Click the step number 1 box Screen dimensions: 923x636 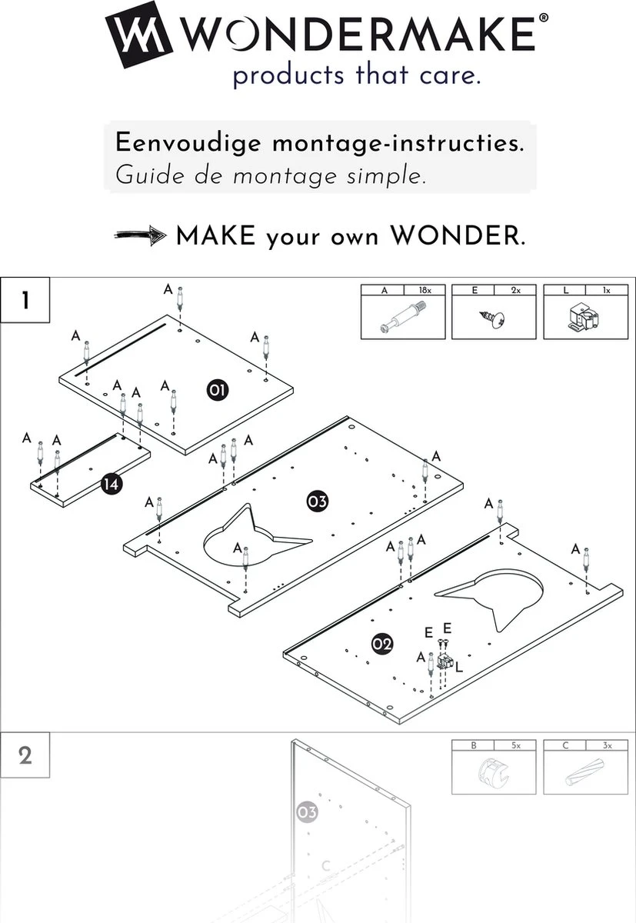pyautogui.click(x=25, y=300)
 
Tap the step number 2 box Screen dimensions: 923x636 pyautogui.click(x=25, y=755)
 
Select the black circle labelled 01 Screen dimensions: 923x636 pyautogui.click(x=217, y=391)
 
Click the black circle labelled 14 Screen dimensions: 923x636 pyautogui.click(x=111, y=484)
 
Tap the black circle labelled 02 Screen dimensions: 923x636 pyautogui.click(x=382, y=644)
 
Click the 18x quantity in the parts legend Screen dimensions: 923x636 pyautogui.click(x=425, y=291)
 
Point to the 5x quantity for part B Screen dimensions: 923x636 pyautogui.click(x=516, y=745)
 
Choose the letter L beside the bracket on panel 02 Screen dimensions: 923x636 pyautogui.click(x=459, y=668)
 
